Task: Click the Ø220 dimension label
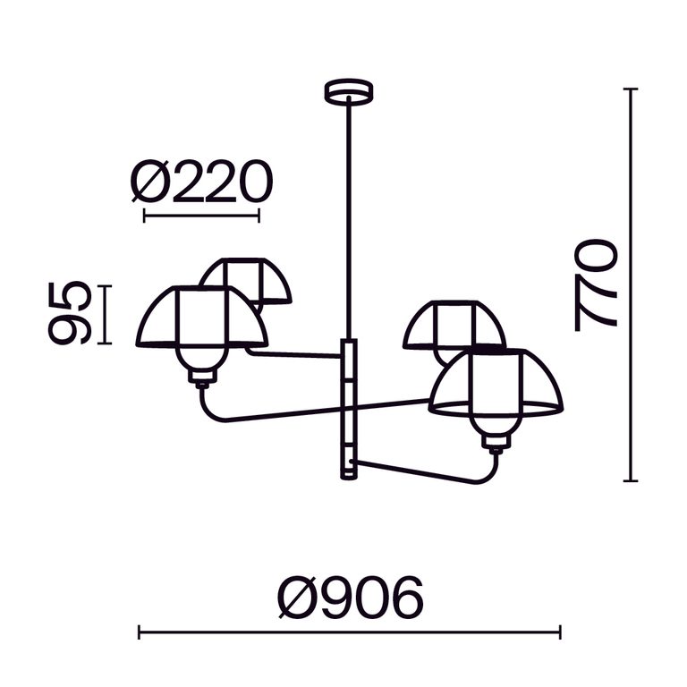click(200, 182)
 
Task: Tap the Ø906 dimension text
click(349, 597)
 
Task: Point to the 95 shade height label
click(70, 312)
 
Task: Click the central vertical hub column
click(348, 408)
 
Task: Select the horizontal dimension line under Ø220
click(201, 215)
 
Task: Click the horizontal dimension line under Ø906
click(349, 632)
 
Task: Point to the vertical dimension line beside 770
click(632, 284)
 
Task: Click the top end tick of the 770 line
click(632, 89)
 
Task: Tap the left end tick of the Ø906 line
click(140, 632)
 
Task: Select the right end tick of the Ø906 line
click(560, 632)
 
